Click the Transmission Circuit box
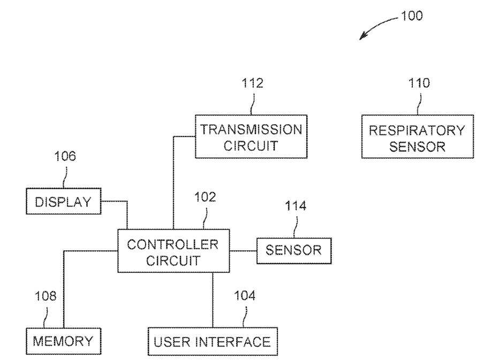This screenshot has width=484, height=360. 251,136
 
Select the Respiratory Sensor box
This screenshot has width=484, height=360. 417,136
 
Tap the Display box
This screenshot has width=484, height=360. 64,201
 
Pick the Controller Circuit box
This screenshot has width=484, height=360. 173,251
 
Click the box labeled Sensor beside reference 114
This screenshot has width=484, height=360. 294,251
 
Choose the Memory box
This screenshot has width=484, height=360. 64,341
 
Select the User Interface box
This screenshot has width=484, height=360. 213,341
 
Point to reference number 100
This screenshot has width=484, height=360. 412,16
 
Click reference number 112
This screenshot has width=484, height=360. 253,83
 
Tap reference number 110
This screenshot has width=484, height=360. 419,83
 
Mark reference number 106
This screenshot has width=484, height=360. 65,156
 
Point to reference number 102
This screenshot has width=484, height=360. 205,197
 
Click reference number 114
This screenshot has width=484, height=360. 296,206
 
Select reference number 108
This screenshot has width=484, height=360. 46,296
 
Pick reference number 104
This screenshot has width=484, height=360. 245,296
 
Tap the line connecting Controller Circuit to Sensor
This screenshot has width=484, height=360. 243,251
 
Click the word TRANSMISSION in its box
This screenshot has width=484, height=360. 251,129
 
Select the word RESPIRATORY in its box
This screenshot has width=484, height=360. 417,131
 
